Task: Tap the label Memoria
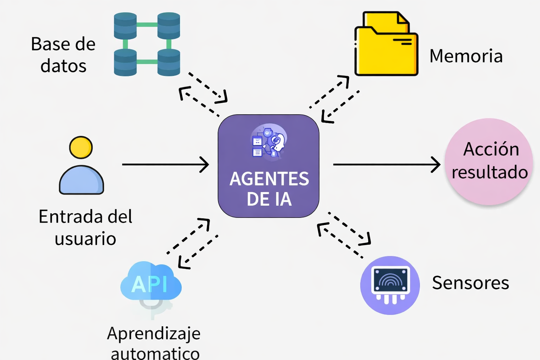466,56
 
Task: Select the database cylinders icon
147,44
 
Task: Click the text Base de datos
63,55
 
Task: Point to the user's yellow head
81,148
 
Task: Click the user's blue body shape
81,180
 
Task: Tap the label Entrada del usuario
85,227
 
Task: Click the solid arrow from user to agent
165,164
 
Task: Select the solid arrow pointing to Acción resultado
387,164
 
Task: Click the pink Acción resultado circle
489,161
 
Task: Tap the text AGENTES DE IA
269,189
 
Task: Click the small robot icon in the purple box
269,142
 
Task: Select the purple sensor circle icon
390,285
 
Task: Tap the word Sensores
470,283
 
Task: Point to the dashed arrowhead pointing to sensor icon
366,239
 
